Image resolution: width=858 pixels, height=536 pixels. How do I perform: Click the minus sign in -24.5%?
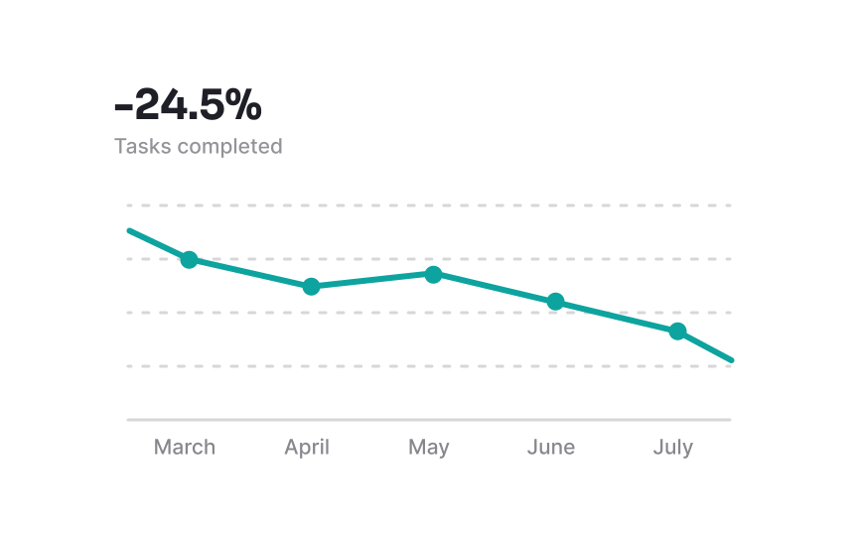123,105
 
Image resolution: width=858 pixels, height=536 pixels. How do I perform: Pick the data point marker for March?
189,259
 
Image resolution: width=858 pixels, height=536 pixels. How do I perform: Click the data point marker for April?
311,286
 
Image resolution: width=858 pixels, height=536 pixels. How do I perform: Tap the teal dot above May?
433,274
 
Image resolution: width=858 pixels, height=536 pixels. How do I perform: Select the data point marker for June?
555,302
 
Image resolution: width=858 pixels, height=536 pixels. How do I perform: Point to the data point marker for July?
677,331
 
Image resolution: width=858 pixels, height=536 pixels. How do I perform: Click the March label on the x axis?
185,447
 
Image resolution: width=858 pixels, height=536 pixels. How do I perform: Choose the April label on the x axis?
307,447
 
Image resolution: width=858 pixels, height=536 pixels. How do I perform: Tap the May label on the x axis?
429,448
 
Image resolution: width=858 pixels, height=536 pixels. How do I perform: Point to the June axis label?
551,447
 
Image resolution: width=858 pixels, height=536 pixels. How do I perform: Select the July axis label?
673,448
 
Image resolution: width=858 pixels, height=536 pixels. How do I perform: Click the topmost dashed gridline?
429,205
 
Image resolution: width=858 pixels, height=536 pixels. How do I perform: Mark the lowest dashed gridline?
429,366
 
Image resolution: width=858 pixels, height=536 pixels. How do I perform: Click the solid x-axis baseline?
429,420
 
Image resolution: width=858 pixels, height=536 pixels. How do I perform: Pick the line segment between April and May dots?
372,280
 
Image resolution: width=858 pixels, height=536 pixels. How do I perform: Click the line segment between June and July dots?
616,316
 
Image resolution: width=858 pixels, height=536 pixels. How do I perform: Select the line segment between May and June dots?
494,288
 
